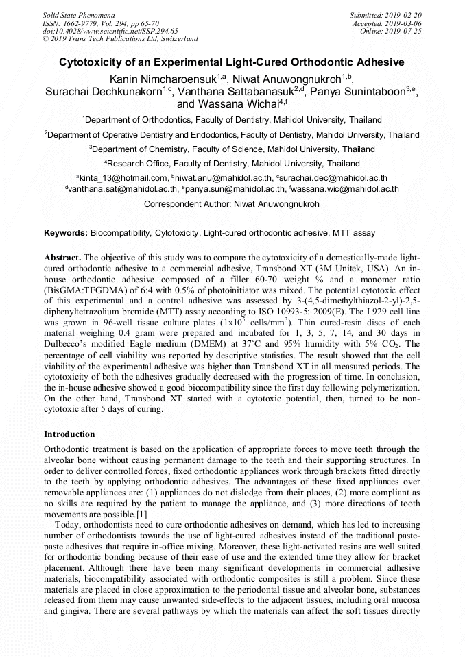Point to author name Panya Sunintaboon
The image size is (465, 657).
click(359, 92)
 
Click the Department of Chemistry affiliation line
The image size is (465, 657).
click(232, 149)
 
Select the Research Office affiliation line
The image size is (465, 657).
click(232, 164)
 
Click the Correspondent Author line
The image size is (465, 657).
click(232, 204)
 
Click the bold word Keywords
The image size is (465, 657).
click(65, 233)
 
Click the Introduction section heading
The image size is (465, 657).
click(69, 434)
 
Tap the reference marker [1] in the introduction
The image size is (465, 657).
click(141, 514)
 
